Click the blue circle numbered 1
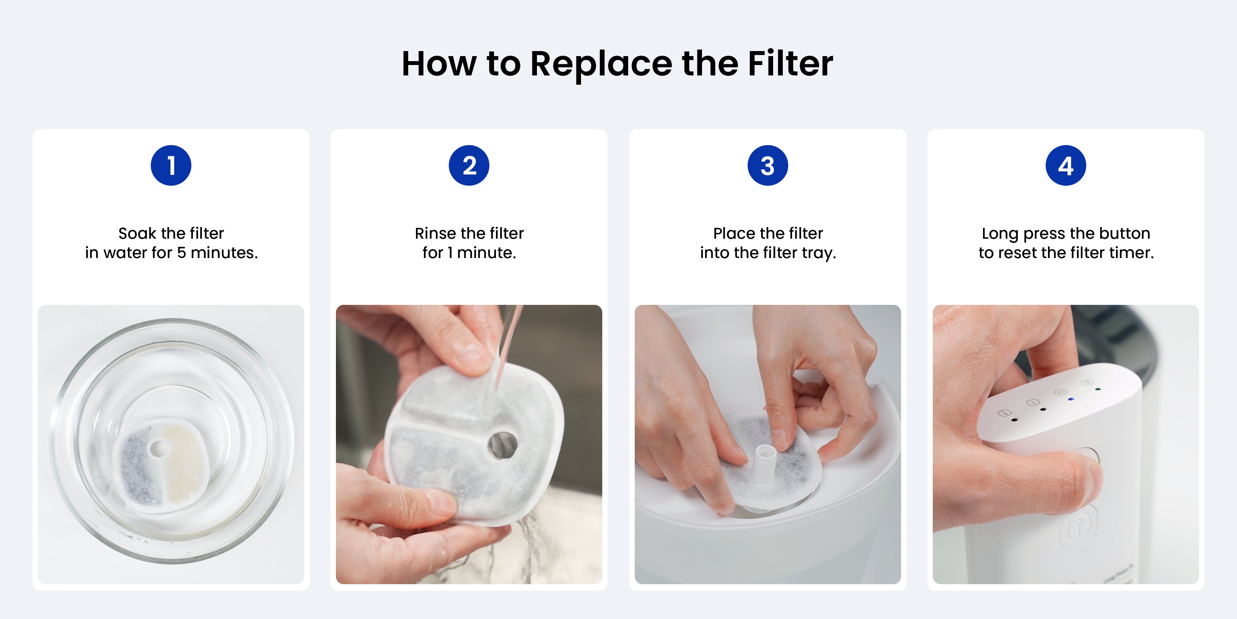click(171, 165)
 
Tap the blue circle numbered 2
click(469, 165)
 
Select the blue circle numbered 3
click(768, 165)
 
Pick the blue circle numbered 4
click(1066, 165)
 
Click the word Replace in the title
click(601, 64)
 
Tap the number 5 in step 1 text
click(182, 253)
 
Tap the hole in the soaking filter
click(157, 449)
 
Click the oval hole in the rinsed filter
click(502, 444)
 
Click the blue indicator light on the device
click(1070, 399)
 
